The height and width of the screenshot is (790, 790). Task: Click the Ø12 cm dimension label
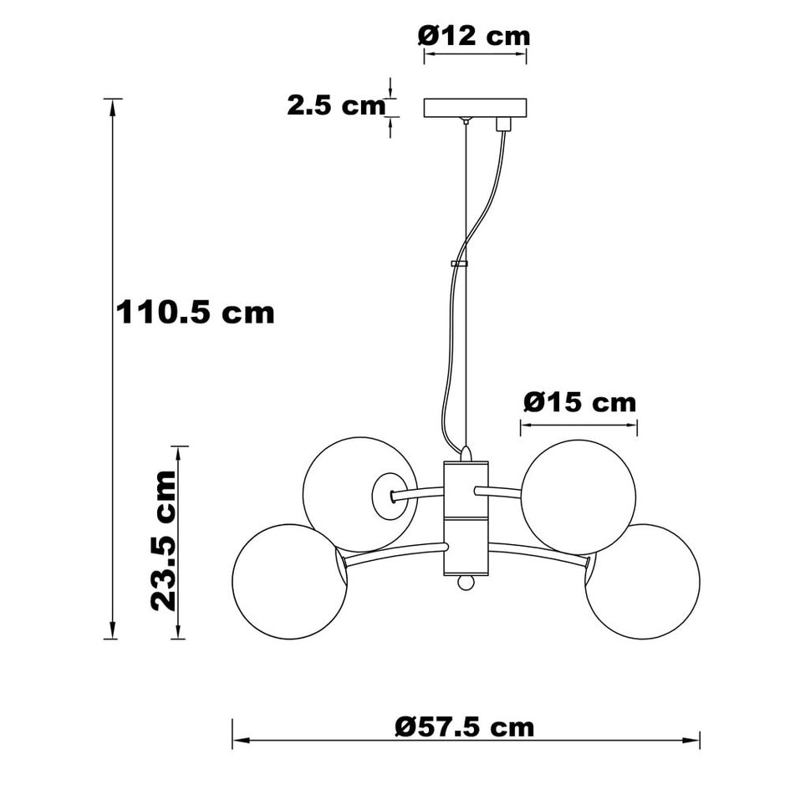pos(474,36)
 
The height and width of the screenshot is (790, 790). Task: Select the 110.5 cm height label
pos(195,313)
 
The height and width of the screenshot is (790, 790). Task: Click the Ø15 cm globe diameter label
pos(580,402)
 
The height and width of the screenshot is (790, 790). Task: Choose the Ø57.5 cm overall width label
pos(465,726)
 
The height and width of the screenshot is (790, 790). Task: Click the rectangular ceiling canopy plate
pos(476,108)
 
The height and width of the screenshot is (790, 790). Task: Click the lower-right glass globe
pos(644,583)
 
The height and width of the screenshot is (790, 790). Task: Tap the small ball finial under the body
pos(466,582)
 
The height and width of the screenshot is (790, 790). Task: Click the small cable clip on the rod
pos(459,263)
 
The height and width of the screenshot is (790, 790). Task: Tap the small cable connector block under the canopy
pos(503,124)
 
